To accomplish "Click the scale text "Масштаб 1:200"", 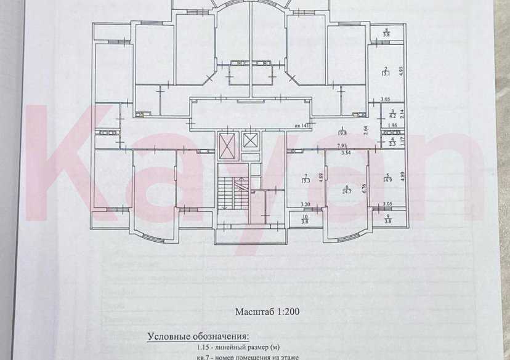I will click(x=267, y=311).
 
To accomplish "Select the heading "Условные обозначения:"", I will click(x=198, y=337).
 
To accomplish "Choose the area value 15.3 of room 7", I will click(x=305, y=180).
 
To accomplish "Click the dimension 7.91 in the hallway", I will click(x=341, y=146).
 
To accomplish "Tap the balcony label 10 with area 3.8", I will click(x=304, y=219).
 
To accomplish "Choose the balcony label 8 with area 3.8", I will click(x=387, y=33).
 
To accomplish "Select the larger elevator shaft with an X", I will click(x=227, y=146).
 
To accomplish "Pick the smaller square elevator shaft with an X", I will click(x=250, y=140).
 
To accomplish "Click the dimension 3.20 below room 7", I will click(x=304, y=204).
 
